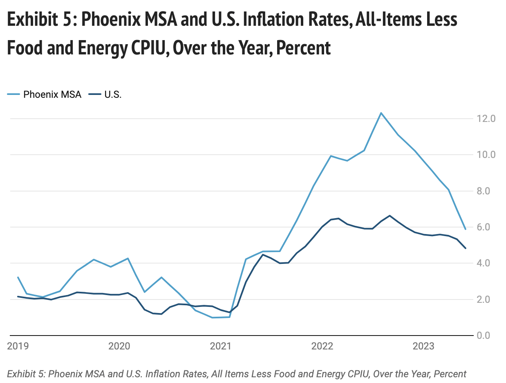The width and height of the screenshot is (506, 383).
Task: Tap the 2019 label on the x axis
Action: [18, 347]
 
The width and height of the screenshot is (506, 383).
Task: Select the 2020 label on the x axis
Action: [119, 347]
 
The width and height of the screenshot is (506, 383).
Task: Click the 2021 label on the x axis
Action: [221, 347]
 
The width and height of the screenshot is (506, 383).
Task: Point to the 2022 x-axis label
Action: [322, 347]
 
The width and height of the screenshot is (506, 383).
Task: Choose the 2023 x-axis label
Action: [423, 347]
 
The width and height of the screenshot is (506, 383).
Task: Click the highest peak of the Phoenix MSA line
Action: [381, 113]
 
